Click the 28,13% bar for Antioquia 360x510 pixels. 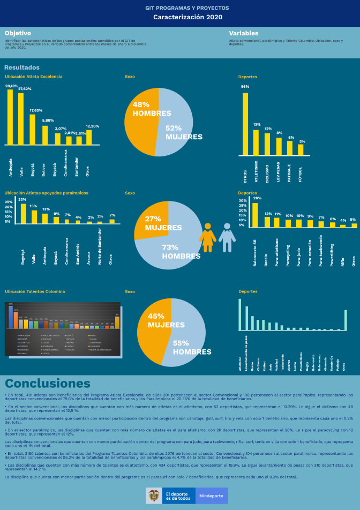click(x=10, y=117)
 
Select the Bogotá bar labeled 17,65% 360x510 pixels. click(x=32, y=129)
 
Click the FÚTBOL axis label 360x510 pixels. click(x=301, y=171)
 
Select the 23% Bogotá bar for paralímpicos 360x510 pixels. click(x=24, y=213)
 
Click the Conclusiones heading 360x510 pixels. click(x=48, y=384)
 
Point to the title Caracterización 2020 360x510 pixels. click(x=180, y=17)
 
